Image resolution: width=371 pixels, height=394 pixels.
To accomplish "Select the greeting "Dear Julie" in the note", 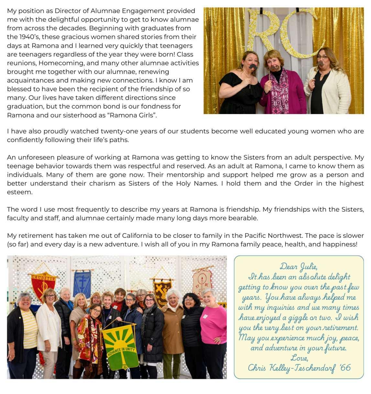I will pos(299,267).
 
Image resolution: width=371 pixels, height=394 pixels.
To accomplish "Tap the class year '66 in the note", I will pos(345,367).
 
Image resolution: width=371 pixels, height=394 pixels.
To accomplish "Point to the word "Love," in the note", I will pos(299,358).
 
